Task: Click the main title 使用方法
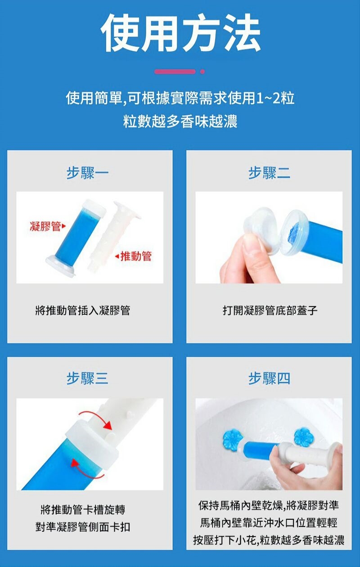180,33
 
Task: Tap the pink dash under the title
175,72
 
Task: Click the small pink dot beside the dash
202,72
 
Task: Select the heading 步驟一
88,173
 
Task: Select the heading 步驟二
269,173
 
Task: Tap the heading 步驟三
88,378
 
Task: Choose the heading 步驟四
269,378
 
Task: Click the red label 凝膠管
45,226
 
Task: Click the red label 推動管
136,256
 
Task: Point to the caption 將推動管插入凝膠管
82,310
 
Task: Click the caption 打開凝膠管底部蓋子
270,310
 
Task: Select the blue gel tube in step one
76,238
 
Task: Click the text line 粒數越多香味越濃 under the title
180,121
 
